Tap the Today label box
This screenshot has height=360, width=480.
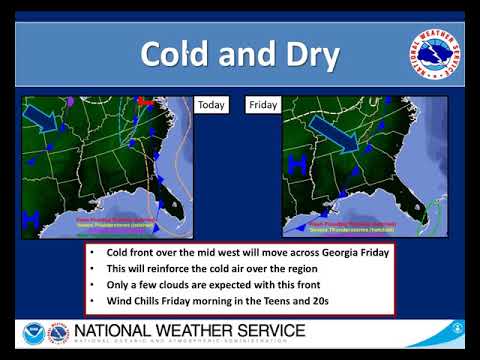pos(211,104)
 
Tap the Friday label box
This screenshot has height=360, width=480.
pos(262,104)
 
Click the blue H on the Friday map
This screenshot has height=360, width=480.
pos(297,166)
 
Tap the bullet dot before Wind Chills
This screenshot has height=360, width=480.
pos(93,301)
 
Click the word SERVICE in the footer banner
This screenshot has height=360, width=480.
pos(258,329)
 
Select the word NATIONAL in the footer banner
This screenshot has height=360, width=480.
pos(117,329)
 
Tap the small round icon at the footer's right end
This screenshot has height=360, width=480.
pos(457,326)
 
